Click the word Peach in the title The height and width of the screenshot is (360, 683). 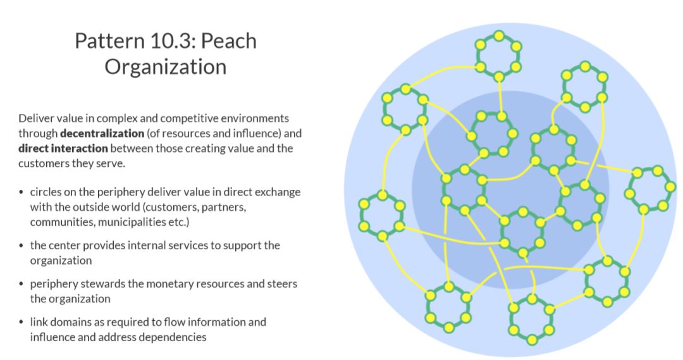(228, 41)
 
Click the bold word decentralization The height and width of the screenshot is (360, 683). (102, 133)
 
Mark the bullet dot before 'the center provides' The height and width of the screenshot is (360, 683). (22, 245)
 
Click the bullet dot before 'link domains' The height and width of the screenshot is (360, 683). (22, 322)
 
